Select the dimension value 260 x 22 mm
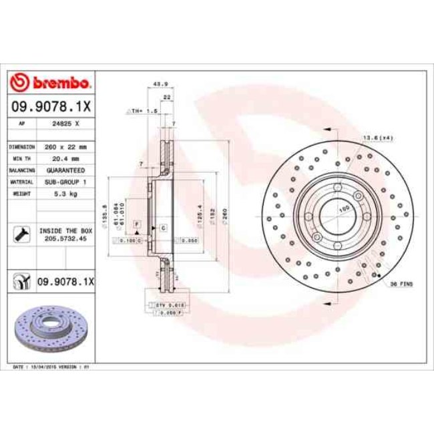66,146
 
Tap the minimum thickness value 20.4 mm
66,158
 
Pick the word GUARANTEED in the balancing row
66,170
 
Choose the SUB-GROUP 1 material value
66,182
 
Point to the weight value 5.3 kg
66,194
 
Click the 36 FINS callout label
401,284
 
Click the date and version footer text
52,367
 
